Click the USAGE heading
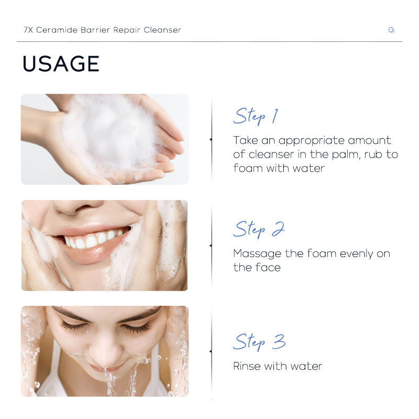coord(61,63)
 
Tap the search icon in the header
coord(391,30)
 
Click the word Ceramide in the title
coord(57,30)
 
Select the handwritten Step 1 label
coord(256,116)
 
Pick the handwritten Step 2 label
coord(259,229)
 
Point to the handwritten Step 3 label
coord(259,342)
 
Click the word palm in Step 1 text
coord(346,155)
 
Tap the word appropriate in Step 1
coord(312,141)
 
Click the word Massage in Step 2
coord(257,254)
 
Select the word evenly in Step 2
coord(356,254)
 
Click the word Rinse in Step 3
coord(247,366)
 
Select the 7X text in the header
coord(28,30)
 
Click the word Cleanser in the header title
coord(162,30)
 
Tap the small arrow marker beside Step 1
coord(211,139)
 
